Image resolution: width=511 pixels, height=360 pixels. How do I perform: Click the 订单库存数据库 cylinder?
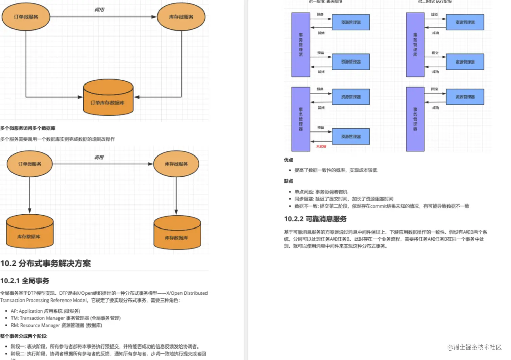(x=108, y=98)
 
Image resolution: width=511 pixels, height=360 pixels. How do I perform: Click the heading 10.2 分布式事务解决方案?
(x=46, y=263)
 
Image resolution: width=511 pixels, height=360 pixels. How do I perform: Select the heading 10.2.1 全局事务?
(x=25, y=281)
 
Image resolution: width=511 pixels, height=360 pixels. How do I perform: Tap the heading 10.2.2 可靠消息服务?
(x=315, y=219)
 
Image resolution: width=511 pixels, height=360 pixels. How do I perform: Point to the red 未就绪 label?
(x=321, y=146)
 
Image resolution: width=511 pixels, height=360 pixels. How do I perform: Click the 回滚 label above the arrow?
(x=434, y=89)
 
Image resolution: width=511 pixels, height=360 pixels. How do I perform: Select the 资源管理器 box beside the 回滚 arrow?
(x=465, y=97)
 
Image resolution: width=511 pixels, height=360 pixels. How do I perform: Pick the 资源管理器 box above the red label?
(x=350, y=137)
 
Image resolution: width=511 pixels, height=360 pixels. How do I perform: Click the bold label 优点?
(x=288, y=160)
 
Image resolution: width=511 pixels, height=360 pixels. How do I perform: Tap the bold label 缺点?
(x=288, y=181)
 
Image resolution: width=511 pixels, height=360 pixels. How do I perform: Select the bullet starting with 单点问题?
(x=321, y=192)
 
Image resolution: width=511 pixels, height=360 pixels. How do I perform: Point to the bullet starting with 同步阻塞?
(x=344, y=199)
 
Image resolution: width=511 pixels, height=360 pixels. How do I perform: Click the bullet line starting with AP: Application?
(x=45, y=311)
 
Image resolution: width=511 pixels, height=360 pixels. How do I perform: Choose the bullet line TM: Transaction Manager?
(x=66, y=318)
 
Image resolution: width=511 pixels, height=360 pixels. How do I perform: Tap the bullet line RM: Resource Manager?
(x=56, y=325)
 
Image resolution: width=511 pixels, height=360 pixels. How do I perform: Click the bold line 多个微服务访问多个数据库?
(x=28, y=128)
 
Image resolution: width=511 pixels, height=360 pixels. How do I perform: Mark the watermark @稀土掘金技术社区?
(x=474, y=347)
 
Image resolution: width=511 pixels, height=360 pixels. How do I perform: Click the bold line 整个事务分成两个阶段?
(x=24, y=336)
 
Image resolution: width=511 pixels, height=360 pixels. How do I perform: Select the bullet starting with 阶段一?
(x=105, y=346)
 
